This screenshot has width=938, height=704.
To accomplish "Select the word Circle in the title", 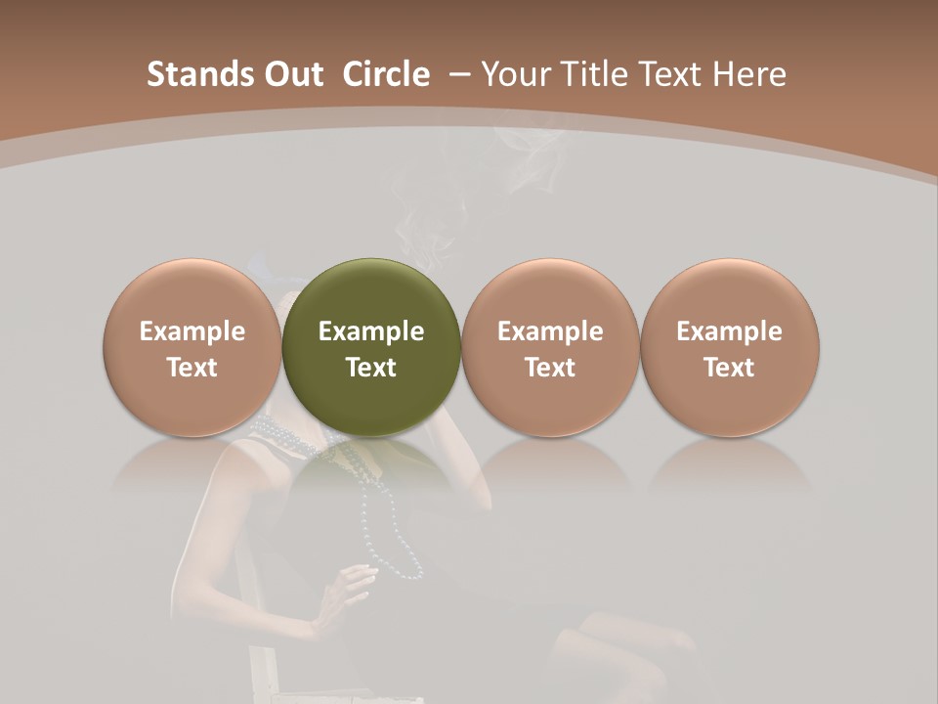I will tap(386, 74).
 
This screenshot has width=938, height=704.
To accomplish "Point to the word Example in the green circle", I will tap(371, 331).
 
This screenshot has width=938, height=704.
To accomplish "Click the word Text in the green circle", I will tap(371, 368).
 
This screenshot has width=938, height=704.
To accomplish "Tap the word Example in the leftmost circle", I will tap(192, 331).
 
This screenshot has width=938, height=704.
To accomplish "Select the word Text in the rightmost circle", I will tap(730, 368).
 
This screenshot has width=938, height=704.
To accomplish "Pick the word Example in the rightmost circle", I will tap(730, 331).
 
